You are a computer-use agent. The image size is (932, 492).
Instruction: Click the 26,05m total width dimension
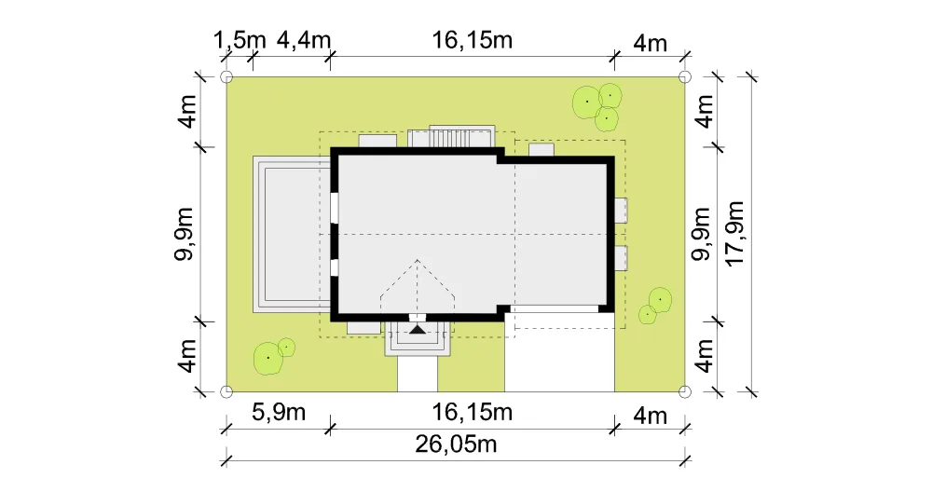pos(456,444)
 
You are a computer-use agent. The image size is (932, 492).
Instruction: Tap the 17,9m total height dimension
pos(735,234)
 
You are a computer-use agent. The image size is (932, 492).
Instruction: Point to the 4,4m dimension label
pos(304,40)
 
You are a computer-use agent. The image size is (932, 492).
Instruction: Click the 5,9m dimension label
pos(278,412)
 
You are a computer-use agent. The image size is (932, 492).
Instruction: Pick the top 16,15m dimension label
pos(472,40)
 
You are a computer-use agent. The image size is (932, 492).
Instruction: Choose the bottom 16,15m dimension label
pos(472,412)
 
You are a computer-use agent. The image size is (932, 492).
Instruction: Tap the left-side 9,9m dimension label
pos(185,234)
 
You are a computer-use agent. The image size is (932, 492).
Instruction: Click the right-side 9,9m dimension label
pos(702,234)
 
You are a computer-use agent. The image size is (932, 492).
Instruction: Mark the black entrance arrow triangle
pos(418,329)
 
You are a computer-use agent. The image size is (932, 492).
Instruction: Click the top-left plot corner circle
pos(226,76)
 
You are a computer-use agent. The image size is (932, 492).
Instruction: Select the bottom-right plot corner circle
pos(685,391)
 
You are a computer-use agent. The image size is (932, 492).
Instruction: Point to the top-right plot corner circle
pos(685,76)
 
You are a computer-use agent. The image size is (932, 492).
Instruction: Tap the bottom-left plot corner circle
pos(226,391)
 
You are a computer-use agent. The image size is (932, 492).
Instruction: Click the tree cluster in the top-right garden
pos(596,106)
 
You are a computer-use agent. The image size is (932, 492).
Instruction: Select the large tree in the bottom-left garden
pos(268,359)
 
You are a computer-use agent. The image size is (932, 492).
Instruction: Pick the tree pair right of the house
pos(655,306)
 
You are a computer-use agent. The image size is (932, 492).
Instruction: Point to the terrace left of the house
pos(292,234)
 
